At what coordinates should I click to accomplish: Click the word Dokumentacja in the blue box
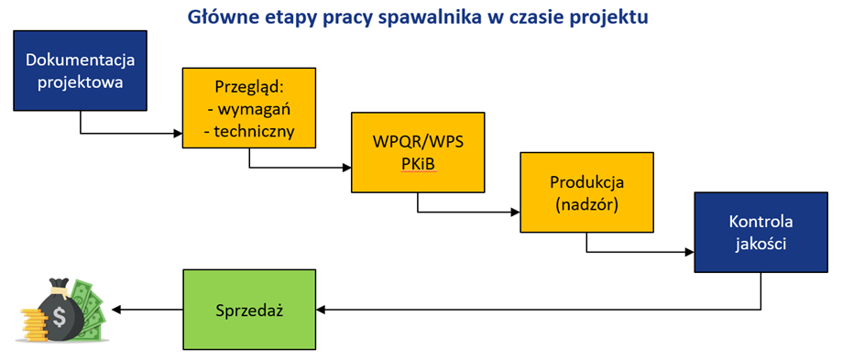pyautogui.click(x=80, y=60)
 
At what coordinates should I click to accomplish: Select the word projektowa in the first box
pyautogui.click(x=80, y=82)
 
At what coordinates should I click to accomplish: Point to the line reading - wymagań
pyautogui.click(x=248, y=109)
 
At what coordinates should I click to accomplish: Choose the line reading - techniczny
pyautogui.click(x=249, y=131)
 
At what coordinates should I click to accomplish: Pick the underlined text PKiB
pyautogui.click(x=419, y=164)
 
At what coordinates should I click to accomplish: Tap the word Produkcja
pyautogui.click(x=587, y=182)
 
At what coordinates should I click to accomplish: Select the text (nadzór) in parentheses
pyautogui.click(x=587, y=205)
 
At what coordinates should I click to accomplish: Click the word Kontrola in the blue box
pyautogui.click(x=760, y=222)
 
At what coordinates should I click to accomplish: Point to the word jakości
pyautogui.click(x=761, y=245)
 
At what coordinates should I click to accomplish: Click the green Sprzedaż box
pyautogui.click(x=249, y=310)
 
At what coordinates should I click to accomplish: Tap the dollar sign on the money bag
pyautogui.click(x=60, y=319)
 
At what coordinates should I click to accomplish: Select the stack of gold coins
pyautogui.click(x=33, y=323)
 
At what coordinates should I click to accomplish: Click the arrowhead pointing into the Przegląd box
pyautogui.click(x=179, y=133)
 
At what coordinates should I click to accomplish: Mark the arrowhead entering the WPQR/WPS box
pyautogui.click(x=347, y=168)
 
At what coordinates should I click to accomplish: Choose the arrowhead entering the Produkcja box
pyautogui.click(x=516, y=212)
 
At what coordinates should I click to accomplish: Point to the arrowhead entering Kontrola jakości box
pyautogui.click(x=690, y=252)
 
